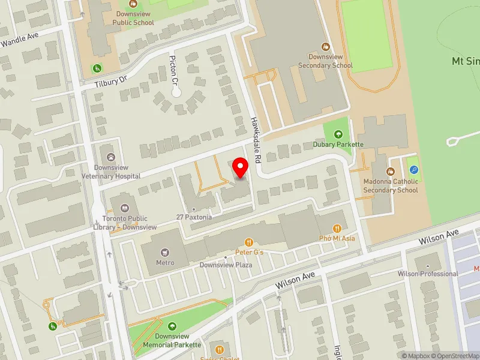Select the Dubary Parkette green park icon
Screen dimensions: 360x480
pos(338,134)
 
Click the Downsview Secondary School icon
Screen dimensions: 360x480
pos(326,47)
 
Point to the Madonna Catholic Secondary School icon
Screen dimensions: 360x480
pos(391,172)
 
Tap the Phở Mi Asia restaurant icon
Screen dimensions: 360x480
pos(337,228)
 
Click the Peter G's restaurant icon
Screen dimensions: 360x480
pos(249,242)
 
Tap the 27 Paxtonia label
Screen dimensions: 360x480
pos(194,217)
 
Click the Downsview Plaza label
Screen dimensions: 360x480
pos(225,265)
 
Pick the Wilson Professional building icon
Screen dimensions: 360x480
pos(427,265)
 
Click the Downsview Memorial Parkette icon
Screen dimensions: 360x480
pos(173,326)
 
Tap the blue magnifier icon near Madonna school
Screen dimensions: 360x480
pos(414,170)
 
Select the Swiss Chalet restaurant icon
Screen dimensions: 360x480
pos(220,350)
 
